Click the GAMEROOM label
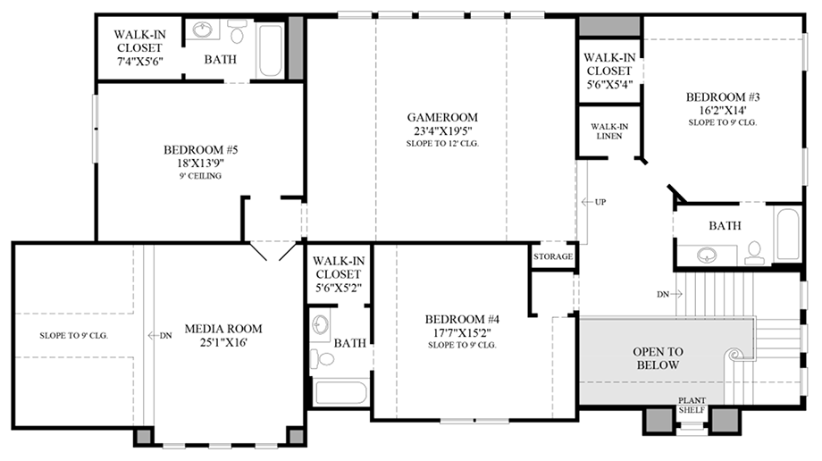(442, 117)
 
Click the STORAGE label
(553, 256)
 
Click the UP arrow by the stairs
(594, 202)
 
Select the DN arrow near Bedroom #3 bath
(669, 293)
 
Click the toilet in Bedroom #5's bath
(238, 34)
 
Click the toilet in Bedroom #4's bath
(325, 358)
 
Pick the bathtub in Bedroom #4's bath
(340, 393)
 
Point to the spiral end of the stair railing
(734, 355)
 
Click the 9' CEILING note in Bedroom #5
(198, 176)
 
